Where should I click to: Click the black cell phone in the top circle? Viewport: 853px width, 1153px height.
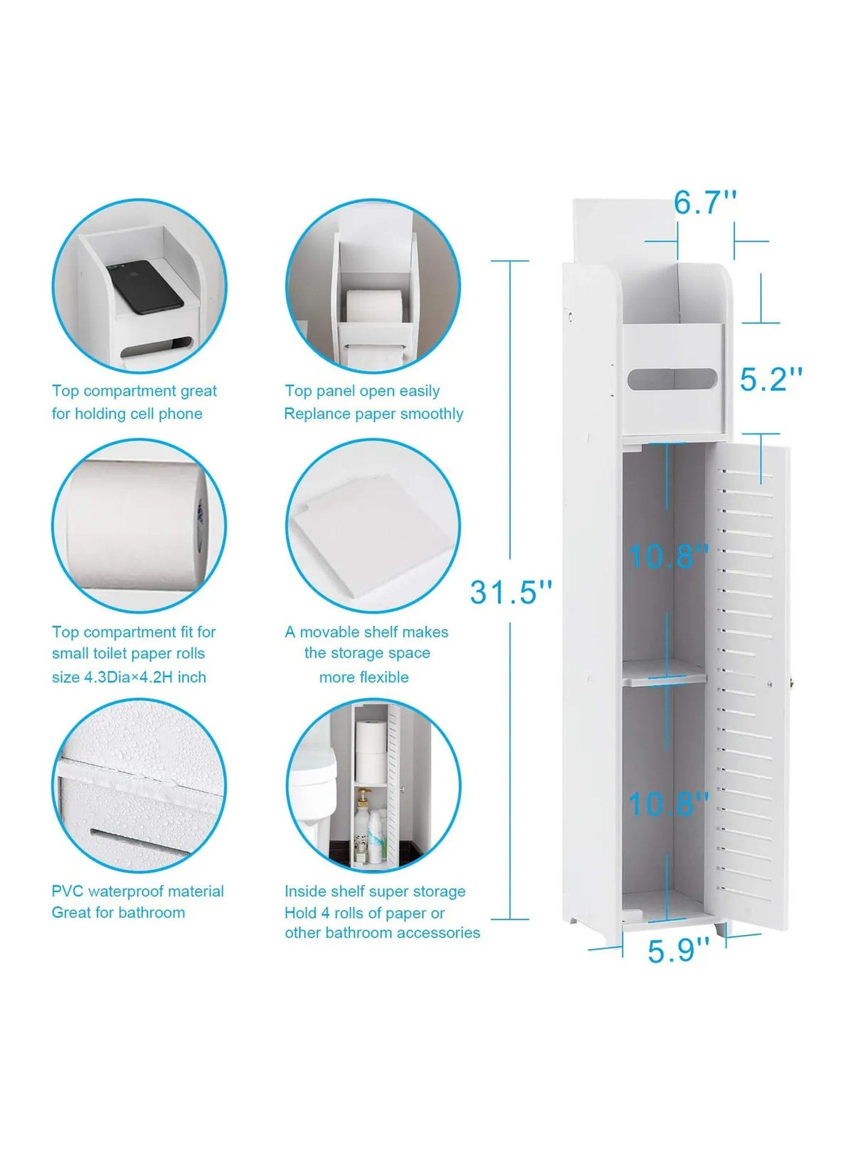coord(144,289)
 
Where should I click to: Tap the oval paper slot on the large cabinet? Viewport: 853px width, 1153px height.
coord(673,381)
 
